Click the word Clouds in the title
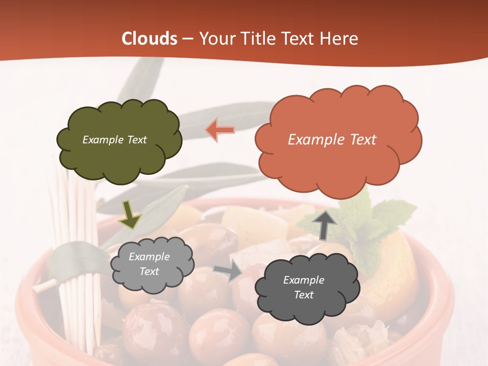tap(149, 39)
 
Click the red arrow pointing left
tap(220, 130)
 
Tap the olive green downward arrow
tap(130, 214)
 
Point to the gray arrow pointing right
tap(228, 270)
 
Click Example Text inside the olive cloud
tap(115, 140)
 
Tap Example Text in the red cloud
tap(332, 140)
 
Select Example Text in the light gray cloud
tap(149, 264)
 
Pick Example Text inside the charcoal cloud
tap(303, 287)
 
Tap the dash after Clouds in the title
tap(187, 39)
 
